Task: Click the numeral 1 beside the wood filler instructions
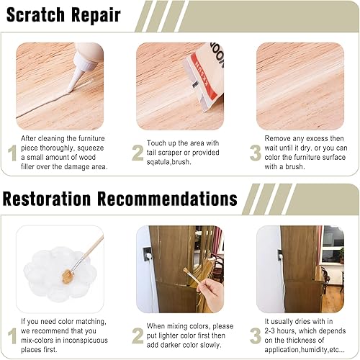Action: (x=12, y=153)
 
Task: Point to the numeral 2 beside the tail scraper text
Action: (x=138, y=153)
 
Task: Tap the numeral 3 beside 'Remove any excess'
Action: (x=255, y=153)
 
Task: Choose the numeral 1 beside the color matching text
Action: (x=12, y=336)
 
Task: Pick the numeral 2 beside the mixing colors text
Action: (x=138, y=336)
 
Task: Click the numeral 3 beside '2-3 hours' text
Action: (x=255, y=336)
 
